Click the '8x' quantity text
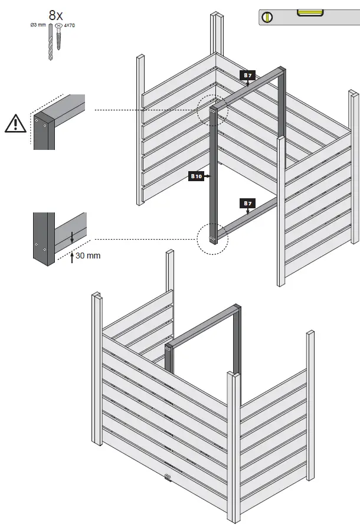point(55,15)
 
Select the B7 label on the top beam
point(247,75)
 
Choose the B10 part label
point(196,176)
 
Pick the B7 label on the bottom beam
point(247,204)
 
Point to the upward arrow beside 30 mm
point(71,257)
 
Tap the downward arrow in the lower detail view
point(71,237)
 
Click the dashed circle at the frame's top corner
point(212,110)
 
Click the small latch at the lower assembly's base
point(167,476)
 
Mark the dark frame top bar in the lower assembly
point(204,325)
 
